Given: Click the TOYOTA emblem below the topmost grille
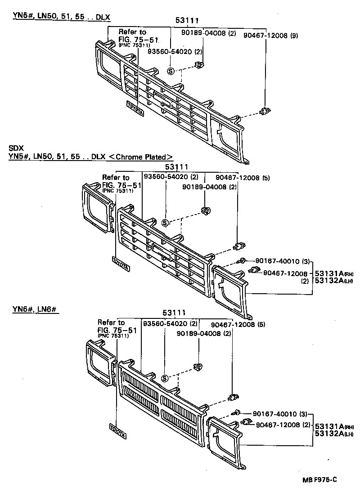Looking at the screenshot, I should click(x=134, y=108).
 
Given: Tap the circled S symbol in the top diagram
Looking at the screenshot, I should click(x=171, y=71).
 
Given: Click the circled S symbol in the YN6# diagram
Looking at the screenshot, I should click(x=165, y=378).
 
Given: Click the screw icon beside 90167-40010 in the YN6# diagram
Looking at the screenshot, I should click(x=236, y=413).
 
